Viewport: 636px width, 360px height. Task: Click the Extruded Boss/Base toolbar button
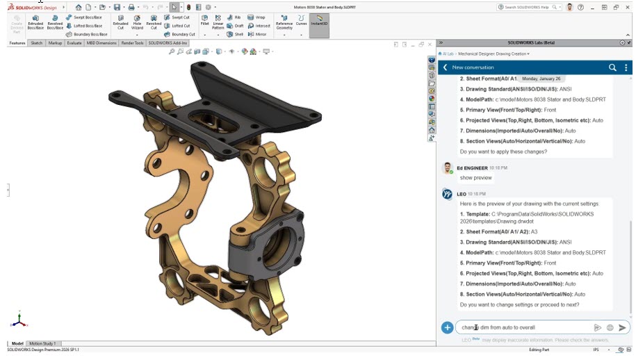pos(35,22)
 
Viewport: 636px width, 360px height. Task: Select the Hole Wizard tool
pos(137,22)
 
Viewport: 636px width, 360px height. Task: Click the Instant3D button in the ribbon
pos(319,21)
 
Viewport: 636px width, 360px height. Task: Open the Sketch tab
pos(36,43)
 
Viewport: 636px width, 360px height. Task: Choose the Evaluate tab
pos(74,43)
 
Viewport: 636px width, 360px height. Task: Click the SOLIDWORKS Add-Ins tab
pos(167,43)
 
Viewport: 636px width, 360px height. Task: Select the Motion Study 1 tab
pos(42,343)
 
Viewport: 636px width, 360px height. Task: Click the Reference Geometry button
pos(284,22)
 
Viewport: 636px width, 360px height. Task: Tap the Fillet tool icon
pos(204,20)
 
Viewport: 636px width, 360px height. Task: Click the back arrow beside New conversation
pos(445,67)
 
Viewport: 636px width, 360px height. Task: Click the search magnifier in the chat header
pos(612,67)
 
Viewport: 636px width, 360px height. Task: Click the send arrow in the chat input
pos(622,327)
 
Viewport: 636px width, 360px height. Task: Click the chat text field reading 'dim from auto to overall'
pos(521,327)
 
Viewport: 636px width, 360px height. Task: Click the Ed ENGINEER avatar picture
pos(448,168)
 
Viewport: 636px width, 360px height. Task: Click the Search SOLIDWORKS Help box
pos(528,7)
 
